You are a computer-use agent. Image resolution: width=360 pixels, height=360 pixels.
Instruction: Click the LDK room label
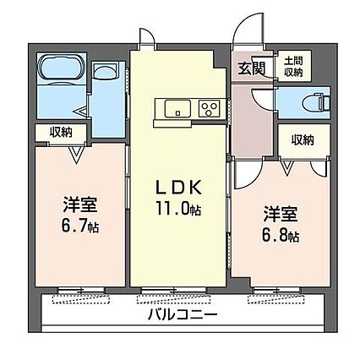pyautogui.click(x=179, y=188)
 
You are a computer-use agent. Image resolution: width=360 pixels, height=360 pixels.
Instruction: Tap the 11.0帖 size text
pyautogui.click(x=178, y=209)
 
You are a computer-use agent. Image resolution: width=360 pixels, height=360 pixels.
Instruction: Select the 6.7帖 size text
pyautogui.click(x=80, y=226)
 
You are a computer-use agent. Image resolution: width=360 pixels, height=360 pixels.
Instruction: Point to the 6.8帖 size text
pyautogui.click(x=281, y=236)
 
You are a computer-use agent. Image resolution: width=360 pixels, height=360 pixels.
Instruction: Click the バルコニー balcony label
pyautogui.click(x=183, y=314)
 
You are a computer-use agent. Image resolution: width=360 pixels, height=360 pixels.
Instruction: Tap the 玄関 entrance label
pyautogui.click(x=252, y=68)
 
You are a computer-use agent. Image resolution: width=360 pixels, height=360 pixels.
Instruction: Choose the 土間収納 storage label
pyautogui.click(x=293, y=67)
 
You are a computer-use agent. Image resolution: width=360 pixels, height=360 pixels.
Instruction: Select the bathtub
pyautogui.click(x=62, y=68)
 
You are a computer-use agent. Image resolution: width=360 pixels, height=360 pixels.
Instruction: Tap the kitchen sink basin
pyautogui.click(x=177, y=109)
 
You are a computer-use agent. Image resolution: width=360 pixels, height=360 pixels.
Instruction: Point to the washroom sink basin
pyautogui.click(x=106, y=70)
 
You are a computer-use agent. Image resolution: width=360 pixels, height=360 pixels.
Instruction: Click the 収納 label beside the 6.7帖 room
pyautogui.click(x=61, y=132)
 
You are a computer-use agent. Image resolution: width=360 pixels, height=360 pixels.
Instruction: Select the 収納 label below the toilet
pyautogui.click(x=303, y=139)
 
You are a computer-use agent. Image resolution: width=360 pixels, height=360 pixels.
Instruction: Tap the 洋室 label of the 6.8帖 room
pyautogui.click(x=281, y=215)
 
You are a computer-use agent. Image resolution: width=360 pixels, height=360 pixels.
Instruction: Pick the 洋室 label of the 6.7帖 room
pyautogui.click(x=80, y=205)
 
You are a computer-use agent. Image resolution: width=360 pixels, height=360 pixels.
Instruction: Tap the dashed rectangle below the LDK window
pyautogui.click(x=174, y=299)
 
